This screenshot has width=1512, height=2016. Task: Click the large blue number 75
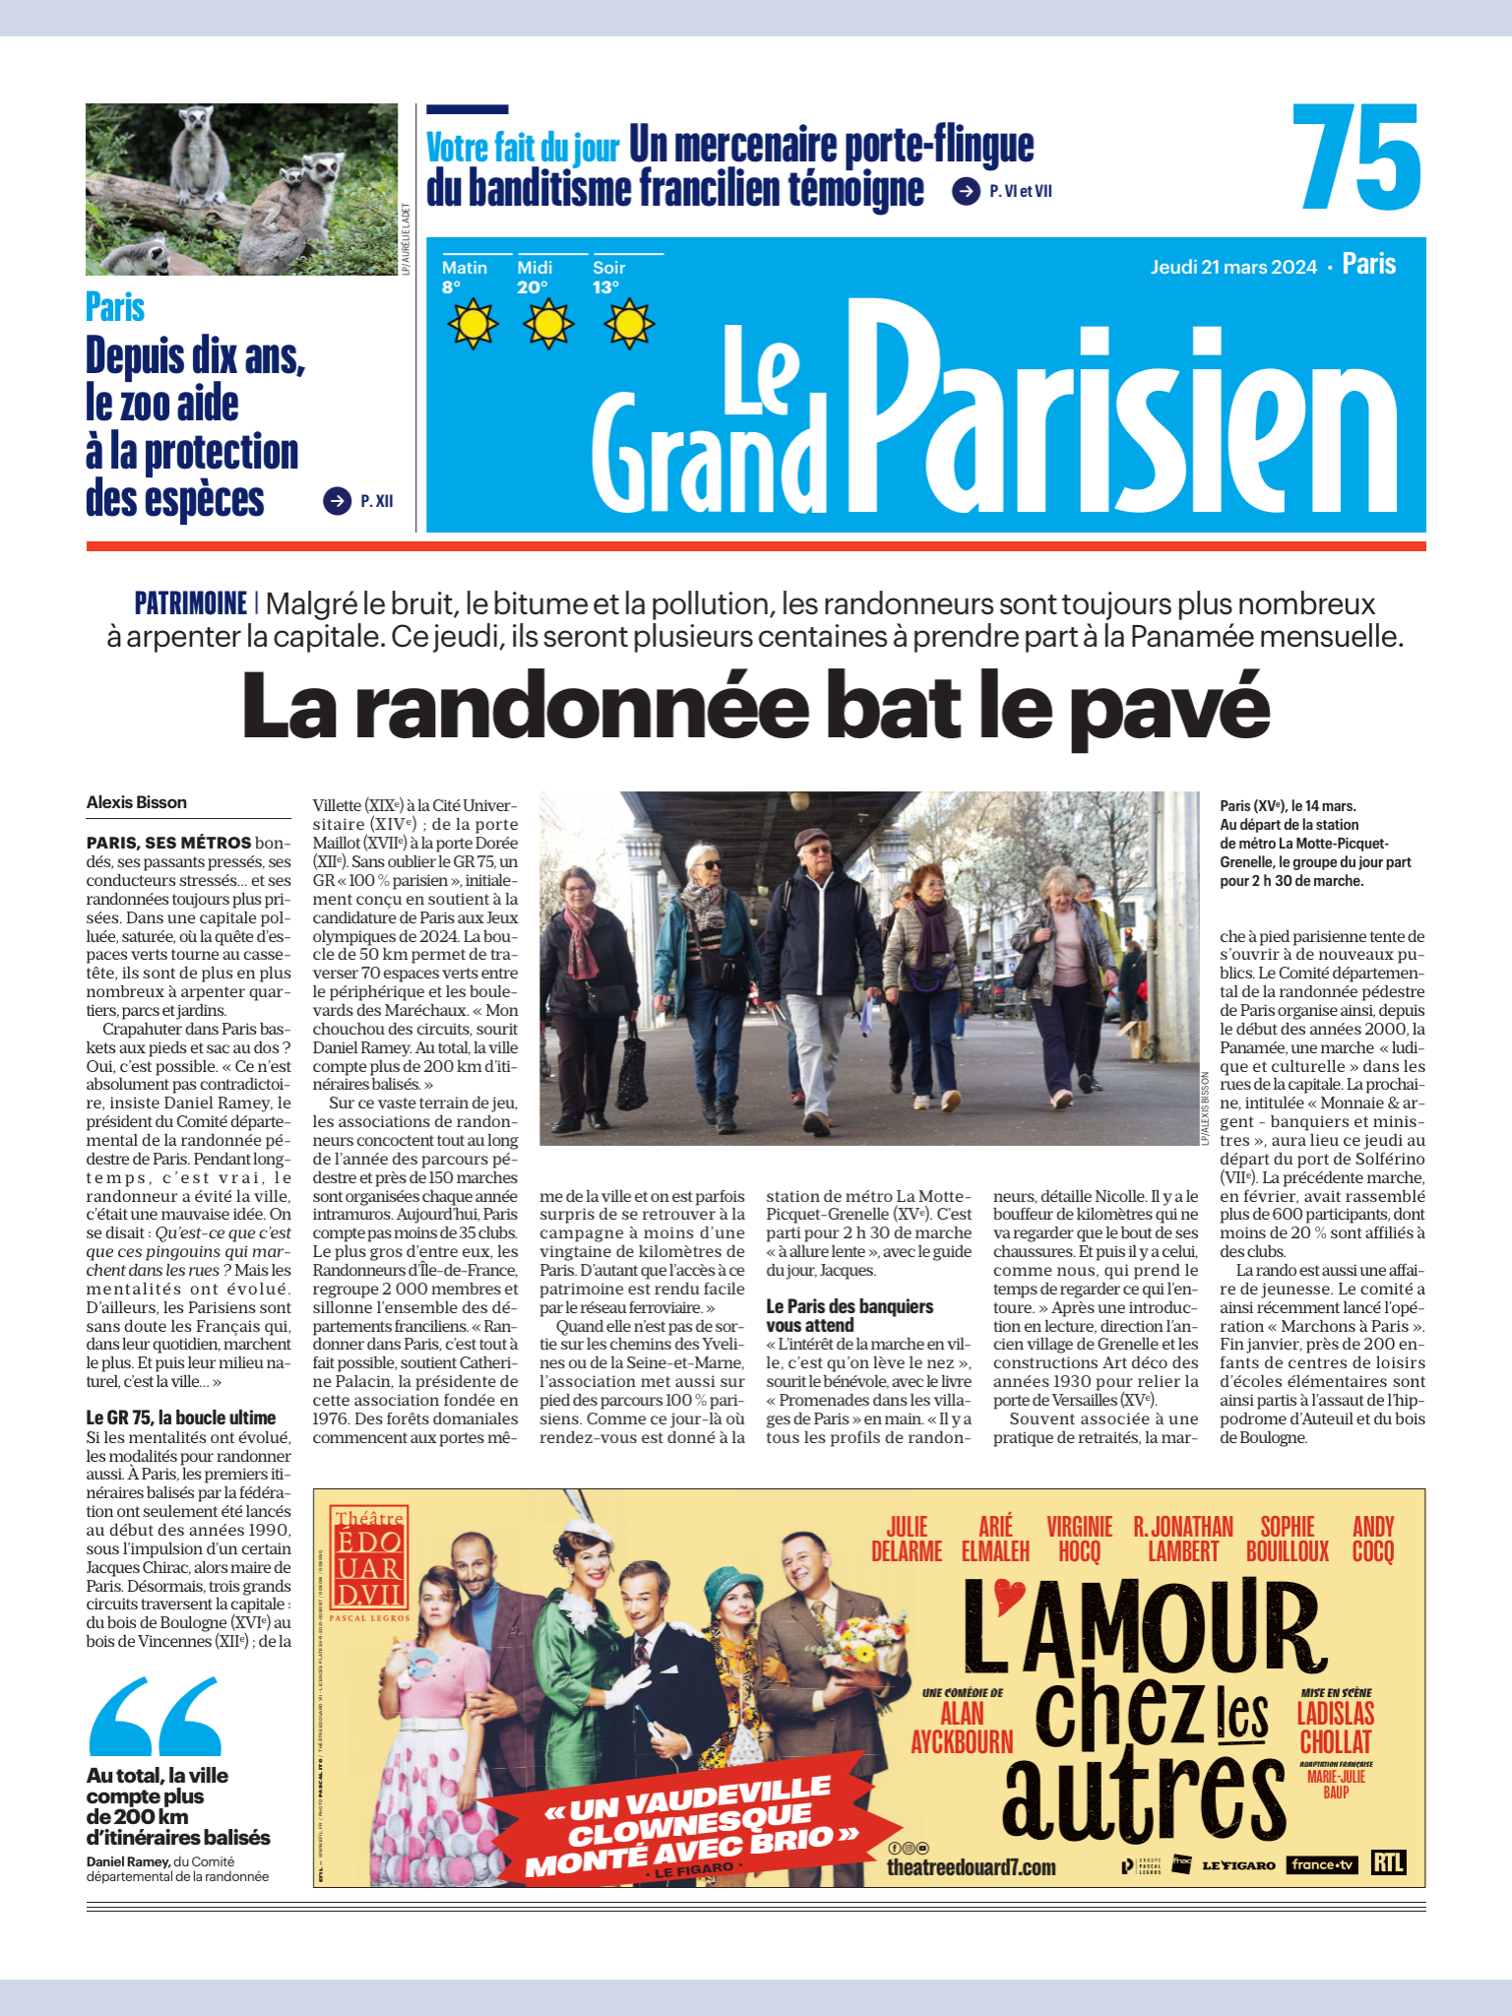pyautogui.click(x=1356, y=157)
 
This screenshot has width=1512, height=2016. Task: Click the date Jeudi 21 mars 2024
pyautogui.click(x=1233, y=267)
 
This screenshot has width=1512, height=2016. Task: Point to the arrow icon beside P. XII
pyautogui.click(x=337, y=501)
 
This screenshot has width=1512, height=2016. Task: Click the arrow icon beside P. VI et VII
pyautogui.click(x=966, y=191)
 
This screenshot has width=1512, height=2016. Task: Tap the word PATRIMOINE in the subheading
pyautogui.click(x=191, y=602)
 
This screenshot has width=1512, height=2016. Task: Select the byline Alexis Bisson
pyautogui.click(x=137, y=802)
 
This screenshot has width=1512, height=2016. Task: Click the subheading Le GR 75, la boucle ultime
pyautogui.click(x=181, y=1417)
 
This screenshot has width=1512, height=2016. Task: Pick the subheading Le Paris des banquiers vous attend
pyautogui.click(x=850, y=1315)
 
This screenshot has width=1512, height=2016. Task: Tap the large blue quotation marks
pyautogui.click(x=156, y=1717)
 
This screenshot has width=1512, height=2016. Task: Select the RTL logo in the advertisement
pyautogui.click(x=1388, y=1863)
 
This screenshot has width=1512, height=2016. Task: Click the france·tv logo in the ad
pyautogui.click(x=1321, y=1864)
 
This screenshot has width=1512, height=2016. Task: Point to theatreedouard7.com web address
pyautogui.click(x=971, y=1867)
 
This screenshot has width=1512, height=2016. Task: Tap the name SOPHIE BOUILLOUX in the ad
pyautogui.click(x=1288, y=1539)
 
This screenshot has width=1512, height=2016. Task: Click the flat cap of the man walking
pyautogui.click(x=813, y=839)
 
